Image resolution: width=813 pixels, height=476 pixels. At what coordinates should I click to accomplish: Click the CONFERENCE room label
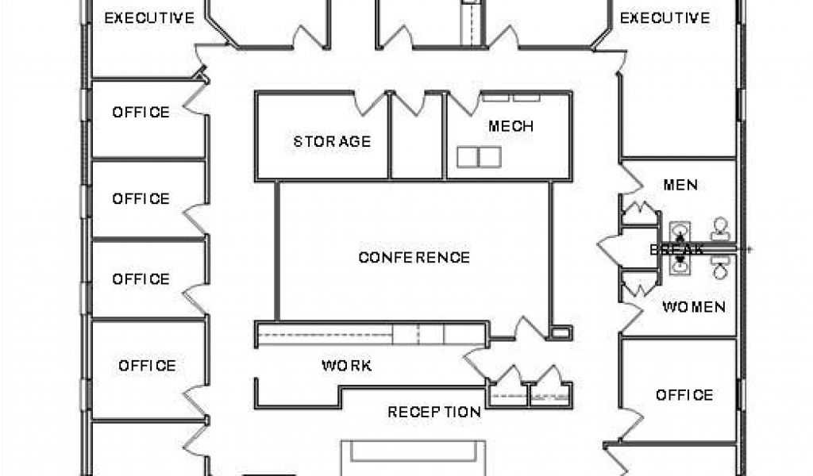(x=414, y=257)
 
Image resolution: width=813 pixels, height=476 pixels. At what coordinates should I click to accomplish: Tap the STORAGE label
(x=333, y=141)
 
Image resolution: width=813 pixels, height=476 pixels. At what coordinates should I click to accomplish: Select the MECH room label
(x=511, y=126)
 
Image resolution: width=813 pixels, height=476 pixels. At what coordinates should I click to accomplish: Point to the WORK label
(x=346, y=366)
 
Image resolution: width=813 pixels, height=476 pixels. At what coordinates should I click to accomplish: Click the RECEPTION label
(x=434, y=413)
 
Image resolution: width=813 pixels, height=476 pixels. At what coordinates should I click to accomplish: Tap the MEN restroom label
(x=680, y=185)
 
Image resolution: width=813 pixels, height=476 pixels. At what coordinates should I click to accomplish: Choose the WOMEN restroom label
(x=694, y=307)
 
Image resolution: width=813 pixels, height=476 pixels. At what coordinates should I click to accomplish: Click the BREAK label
(x=676, y=250)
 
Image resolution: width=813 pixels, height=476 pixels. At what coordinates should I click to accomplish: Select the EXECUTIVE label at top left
(x=149, y=18)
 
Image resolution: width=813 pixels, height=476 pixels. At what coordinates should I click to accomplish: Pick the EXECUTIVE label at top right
(x=665, y=18)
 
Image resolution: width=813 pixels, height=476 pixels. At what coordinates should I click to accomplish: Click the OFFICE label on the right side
(x=684, y=395)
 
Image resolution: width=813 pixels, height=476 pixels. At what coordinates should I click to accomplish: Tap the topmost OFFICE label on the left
(x=141, y=113)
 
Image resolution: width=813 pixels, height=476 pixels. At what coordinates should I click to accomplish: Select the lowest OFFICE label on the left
(x=147, y=366)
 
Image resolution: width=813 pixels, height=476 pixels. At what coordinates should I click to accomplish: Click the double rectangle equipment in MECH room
(x=479, y=157)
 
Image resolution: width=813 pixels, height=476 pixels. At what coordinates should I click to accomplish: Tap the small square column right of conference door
(x=561, y=332)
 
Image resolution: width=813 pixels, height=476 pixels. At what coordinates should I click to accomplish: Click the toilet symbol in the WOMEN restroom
(x=719, y=267)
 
